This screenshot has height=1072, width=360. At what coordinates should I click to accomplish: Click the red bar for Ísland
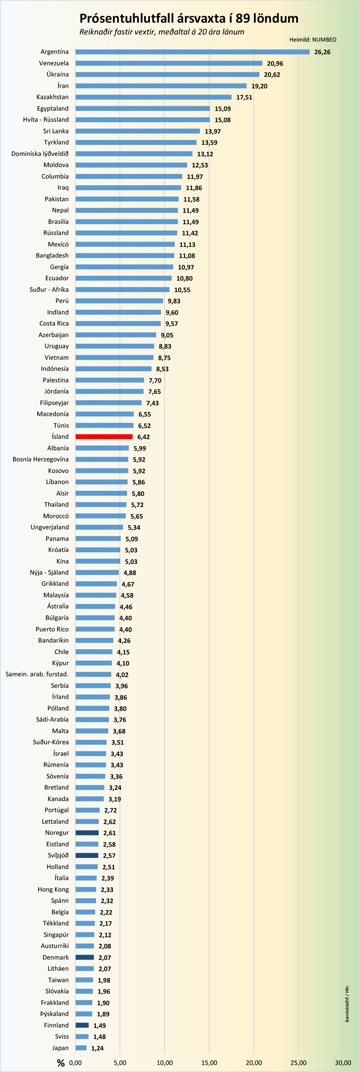(x=104, y=437)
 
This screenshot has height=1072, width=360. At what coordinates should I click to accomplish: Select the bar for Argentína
(x=192, y=52)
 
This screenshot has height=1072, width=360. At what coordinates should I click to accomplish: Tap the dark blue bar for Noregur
(x=87, y=833)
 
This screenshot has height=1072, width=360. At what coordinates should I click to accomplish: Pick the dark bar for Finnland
(x=82, y=1025)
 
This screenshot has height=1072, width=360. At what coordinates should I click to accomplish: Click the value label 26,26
(x=322, y=52)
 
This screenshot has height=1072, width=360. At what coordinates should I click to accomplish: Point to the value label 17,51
(x=244, y=97)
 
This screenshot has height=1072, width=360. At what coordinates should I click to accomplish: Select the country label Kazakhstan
(x=52, y=97)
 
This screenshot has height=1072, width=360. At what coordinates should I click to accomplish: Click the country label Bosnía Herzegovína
(x=40, y=459)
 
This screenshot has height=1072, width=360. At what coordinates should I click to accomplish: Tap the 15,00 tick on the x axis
(x=209, y=1062)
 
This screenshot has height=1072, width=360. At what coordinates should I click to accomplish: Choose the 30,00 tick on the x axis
(x=343, y=1062)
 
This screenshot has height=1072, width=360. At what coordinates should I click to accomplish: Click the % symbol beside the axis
(x=61, y=1063)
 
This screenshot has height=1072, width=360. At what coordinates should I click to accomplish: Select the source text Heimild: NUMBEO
(x=312, y=40)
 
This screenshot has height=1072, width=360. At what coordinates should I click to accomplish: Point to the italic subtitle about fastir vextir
(x=161, y=32)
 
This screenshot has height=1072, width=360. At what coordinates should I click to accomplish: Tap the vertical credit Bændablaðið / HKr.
(x=347, y=1003)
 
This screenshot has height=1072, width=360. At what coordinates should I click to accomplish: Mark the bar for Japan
(x=81, y=1048)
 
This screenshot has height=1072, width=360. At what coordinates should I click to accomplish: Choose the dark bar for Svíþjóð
(x=87, y=855)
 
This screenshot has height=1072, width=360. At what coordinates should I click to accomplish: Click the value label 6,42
(x=143, y=437)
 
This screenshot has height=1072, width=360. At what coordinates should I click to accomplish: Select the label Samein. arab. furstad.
(x=37, y=674)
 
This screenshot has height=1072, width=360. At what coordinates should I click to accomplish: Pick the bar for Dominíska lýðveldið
(x=134, y=154)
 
